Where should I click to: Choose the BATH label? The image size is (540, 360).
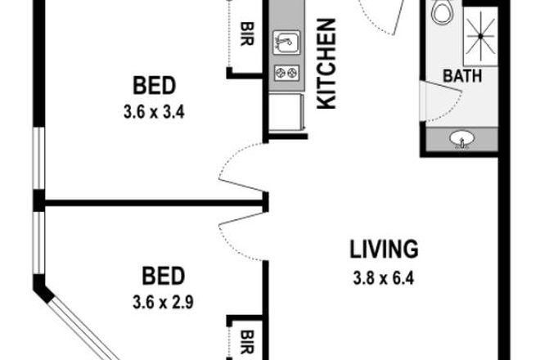coord(462,76)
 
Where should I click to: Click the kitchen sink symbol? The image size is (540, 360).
coord(286,42)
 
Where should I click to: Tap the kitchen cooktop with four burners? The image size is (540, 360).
coord(286,73)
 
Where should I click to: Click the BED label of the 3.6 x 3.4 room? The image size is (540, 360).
coord(155,85)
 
